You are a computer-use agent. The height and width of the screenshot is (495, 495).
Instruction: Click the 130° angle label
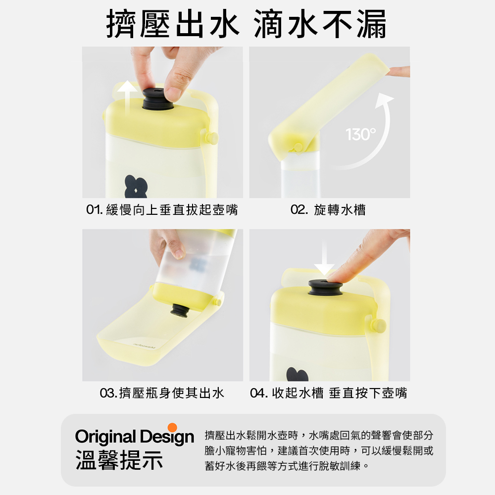point(361,135)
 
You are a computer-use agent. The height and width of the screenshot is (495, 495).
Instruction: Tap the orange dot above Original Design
point(172,428)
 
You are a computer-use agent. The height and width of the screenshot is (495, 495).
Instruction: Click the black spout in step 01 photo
point(158,99)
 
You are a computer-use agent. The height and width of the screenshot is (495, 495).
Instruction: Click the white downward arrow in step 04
point(324,259)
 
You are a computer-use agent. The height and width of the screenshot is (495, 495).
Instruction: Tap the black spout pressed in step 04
point(326,287)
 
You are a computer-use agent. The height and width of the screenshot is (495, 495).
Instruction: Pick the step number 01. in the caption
point(95,209)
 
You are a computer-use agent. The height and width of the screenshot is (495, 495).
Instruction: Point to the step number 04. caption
point(259,393)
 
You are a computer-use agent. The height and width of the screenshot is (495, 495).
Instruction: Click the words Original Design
point(135,437)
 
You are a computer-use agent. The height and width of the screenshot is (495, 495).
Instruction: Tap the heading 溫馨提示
point(119,460)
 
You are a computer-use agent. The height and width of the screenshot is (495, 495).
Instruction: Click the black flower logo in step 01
point(136,186)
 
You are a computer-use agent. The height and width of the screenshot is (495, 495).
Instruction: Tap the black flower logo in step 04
point(297,374)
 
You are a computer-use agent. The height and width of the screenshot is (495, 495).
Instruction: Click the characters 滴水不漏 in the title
point(320,24)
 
